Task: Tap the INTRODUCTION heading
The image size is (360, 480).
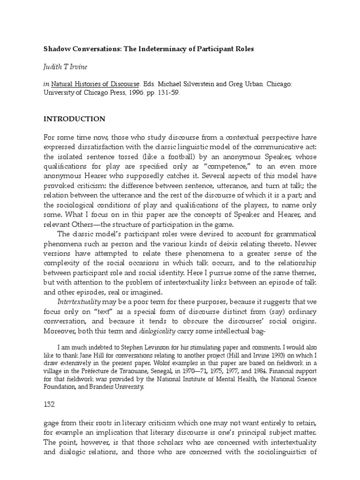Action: (x=74, y=119)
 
